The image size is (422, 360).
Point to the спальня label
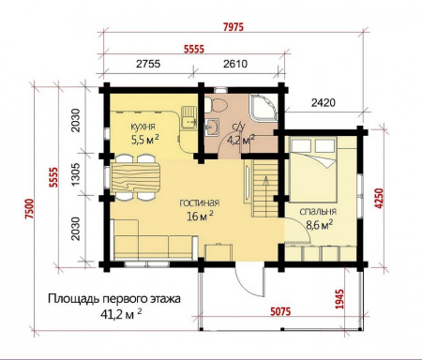319,212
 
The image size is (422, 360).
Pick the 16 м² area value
198,216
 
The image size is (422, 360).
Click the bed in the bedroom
315,165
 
